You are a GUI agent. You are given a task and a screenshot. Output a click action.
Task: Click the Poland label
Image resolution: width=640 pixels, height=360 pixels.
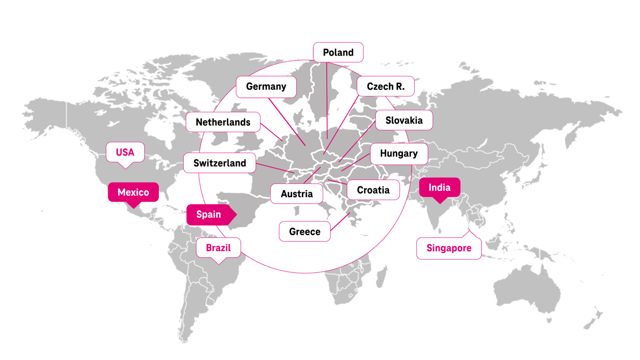tap(338, 52)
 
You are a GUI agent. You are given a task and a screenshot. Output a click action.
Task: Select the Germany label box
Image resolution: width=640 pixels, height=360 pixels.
tap(266, 87)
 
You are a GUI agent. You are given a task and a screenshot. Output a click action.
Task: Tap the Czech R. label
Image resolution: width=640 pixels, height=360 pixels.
tap(385, 86)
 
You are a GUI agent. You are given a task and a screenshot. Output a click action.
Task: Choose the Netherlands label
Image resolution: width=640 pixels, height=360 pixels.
tap(223, 122)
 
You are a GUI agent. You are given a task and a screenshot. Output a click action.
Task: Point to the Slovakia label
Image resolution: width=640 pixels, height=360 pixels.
tap(404, 120)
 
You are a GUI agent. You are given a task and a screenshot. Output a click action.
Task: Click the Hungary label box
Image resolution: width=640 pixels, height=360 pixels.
tap(399, 154)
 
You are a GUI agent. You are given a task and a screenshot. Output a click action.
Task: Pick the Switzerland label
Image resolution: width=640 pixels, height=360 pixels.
tap(220, 163)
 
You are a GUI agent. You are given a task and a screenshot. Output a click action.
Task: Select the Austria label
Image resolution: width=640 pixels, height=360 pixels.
tap(297, 194)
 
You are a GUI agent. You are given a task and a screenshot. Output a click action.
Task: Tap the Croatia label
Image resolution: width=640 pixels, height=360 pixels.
tap(373, 190)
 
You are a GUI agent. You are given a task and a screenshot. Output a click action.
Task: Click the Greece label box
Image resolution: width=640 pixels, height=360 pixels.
tap(305, 231)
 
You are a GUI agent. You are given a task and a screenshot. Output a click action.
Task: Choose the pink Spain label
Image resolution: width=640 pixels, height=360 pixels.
tap(209, 214)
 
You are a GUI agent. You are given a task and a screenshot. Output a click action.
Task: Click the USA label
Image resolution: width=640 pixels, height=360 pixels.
tap(125, 152)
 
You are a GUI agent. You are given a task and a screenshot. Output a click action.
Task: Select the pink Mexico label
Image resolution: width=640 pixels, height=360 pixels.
tap(133, 192)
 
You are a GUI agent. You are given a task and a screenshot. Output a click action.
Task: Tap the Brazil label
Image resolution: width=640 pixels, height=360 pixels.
tap(218, 248)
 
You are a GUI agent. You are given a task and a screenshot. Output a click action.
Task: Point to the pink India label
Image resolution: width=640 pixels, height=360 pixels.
tap(439, 188)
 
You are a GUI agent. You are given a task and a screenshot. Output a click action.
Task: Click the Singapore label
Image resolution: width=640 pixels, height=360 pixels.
tap(449, 248)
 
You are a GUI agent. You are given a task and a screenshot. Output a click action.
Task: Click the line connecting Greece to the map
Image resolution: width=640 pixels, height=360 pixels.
tap(340, 222)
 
